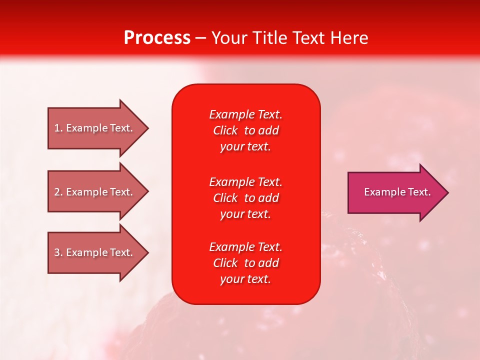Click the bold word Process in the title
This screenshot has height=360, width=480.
point(157,38)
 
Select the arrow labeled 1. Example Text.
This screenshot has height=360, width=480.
point(95,128)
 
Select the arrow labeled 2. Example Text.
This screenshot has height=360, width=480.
point(95,192)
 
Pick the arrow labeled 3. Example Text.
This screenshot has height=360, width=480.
point(95,252)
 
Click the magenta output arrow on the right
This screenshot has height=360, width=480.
point(395,192)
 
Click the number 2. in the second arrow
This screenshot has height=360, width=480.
point(58,192)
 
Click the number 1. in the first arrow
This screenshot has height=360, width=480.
point(58,128)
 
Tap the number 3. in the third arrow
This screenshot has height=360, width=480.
point(58,252)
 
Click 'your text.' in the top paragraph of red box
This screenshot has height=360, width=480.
point(245,147)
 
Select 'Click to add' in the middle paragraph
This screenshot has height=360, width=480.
point(245,198)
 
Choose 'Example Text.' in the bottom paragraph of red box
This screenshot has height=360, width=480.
point(245,247)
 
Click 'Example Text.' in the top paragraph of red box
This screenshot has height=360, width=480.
point(245,114)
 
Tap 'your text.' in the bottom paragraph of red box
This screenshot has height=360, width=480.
point(245,279)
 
